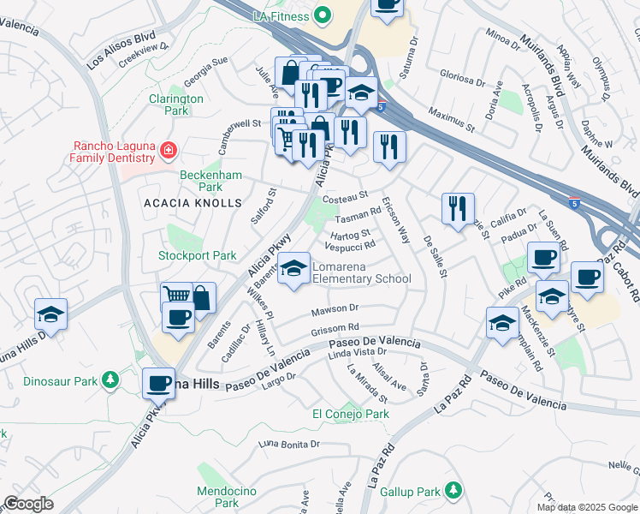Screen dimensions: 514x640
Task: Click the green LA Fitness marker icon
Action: [322, 15]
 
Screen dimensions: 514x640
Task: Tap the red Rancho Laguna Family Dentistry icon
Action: [169, 152]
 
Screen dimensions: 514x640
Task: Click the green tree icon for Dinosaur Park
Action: [110, 379]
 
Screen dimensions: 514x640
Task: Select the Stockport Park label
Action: [197, 255]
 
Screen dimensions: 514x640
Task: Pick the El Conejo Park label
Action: [351, 414]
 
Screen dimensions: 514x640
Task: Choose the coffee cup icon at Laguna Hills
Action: [157, 384]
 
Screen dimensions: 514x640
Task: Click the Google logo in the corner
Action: [27, 504]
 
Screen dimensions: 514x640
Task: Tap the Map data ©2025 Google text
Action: [587, 507]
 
